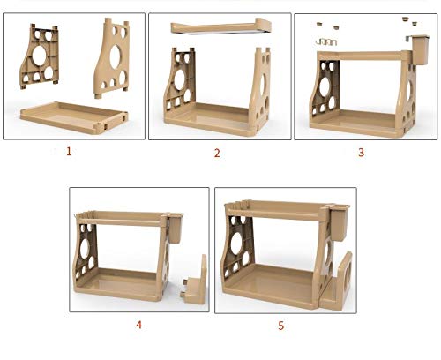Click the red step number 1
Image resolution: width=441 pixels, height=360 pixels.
(x=69, y=152)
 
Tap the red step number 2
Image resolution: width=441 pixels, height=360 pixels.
(x=217, y=153)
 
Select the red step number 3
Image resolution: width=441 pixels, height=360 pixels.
(x=362, y=153)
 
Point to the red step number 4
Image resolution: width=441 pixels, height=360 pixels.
(x=138, y=325)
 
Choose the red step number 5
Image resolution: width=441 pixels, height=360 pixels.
(x=281, y=326)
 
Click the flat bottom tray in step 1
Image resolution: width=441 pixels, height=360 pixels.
(x=74, y=117)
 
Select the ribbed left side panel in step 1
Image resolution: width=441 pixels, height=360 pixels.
(x=39, y=56)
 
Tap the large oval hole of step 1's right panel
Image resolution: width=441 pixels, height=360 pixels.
(x=115, y=56)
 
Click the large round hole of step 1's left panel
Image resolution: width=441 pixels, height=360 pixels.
(x=39, y=56)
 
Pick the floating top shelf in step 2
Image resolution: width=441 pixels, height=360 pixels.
(x=220, y=27)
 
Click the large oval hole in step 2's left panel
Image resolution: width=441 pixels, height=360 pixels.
(x=180, y=80)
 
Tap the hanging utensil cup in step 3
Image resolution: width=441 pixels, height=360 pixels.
(x=419, y=50)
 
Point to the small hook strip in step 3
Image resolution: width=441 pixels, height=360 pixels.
(x=325, y=42)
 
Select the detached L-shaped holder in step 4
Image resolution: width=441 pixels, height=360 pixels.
(x=196, y=282)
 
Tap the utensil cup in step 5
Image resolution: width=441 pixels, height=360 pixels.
(x=339, y=223)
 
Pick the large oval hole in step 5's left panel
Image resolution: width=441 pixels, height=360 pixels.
(x=237, y=244)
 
